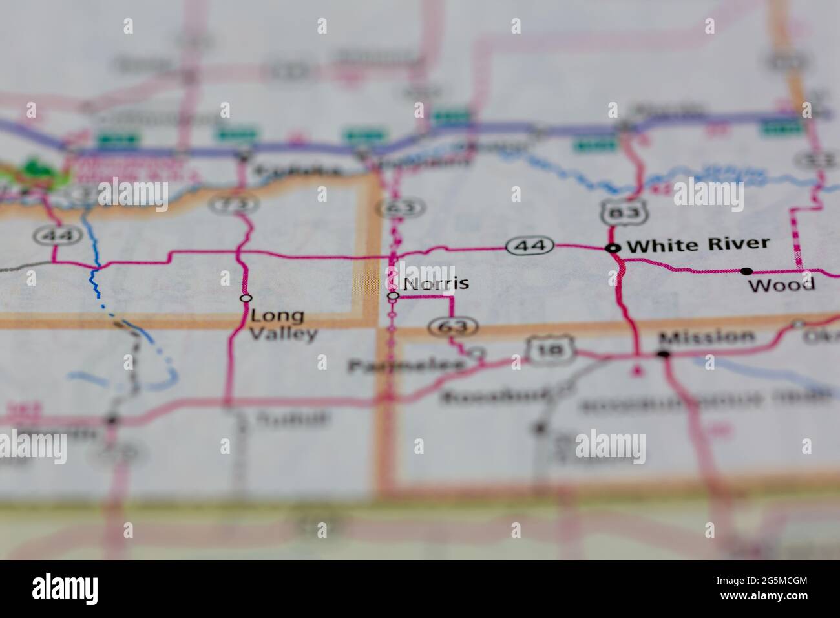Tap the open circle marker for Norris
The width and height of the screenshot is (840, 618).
point(392,295)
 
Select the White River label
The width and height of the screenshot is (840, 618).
point(698,244)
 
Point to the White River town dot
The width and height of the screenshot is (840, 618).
point(611,247)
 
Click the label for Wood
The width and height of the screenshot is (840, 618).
point(782,284)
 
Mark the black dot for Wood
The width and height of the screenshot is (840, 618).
point(746,271)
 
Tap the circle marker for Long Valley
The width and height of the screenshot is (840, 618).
point(245,298)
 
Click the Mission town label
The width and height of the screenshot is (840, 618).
point(706,337)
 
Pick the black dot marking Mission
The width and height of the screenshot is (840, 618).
point(663,354)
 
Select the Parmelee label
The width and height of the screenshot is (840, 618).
point(407,366)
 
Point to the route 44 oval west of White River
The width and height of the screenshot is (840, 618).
point(530,246)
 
